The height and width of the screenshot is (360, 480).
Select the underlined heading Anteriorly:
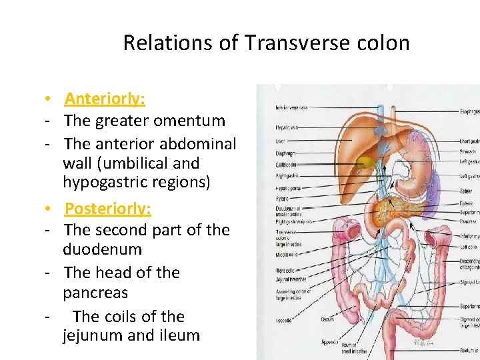[105, 99]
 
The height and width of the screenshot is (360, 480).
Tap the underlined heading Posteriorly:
[108, 209]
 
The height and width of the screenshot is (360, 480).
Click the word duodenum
[103, 249]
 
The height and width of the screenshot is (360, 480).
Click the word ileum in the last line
[177, 335]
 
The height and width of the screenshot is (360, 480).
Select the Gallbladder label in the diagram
[286, 163]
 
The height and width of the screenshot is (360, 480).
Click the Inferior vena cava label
[291, 108]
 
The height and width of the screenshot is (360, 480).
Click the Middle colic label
[287, 255]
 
